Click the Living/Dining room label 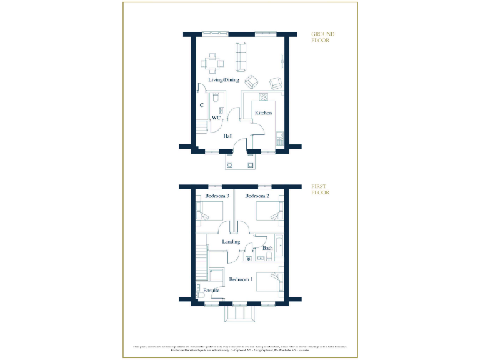tap(224, 80)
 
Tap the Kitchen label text tap(263, 112)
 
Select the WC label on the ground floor tap(216, 117)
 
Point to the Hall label tap(229, 136)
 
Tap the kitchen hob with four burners tap(263, 97)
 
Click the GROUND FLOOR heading tap(324, 37)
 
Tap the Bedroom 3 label tap(217, 196)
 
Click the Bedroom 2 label tap(257, 196)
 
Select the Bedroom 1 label tap(241, 279)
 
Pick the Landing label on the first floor tap(232, 242)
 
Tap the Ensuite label tap(211, 291)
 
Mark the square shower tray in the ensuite tap(216, 277)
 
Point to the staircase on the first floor tap(201, 263)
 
